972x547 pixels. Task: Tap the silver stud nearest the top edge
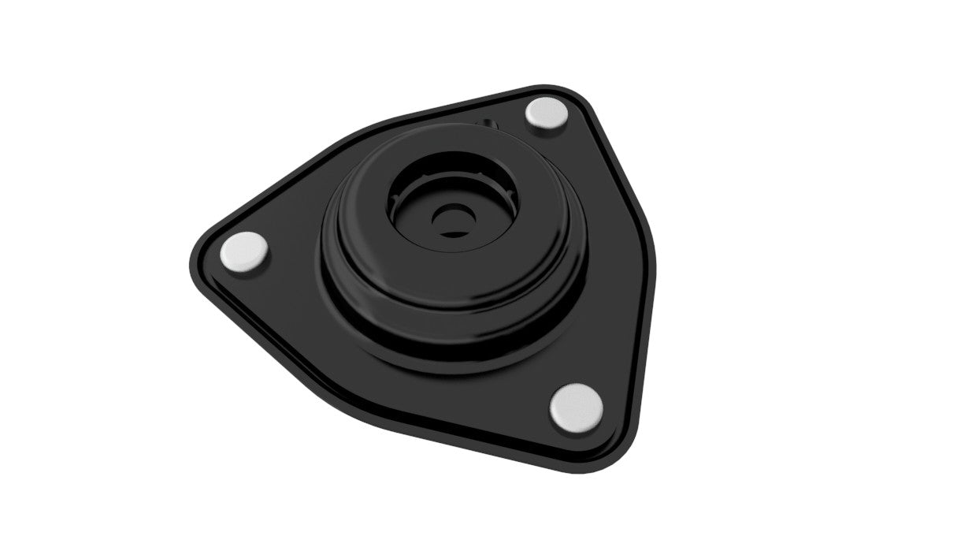click(547, 113)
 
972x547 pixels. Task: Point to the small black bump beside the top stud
click(489, 124)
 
